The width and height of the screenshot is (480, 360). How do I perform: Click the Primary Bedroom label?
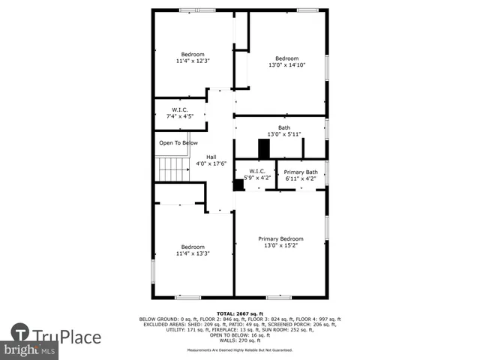pos(281,238)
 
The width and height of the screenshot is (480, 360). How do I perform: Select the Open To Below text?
pos(178,142)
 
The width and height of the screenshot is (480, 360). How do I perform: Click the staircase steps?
pos(172,169)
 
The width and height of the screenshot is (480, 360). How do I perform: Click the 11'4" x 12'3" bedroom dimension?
pos(192,61)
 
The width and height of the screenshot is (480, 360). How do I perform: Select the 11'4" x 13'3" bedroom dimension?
pos(192,253)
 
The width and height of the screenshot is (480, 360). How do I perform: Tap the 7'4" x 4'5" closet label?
pos(180,115)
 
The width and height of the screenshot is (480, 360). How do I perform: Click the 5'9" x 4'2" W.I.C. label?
pos(253,178)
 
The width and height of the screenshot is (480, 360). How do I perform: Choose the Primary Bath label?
pos(301,172)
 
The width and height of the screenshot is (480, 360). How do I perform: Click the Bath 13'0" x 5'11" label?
pos(284,130)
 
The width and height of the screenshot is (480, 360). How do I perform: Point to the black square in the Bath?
pos(263,148)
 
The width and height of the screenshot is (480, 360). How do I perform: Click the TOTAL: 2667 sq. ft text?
pos(240,313)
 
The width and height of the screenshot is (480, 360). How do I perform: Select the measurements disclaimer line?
pos(240,350)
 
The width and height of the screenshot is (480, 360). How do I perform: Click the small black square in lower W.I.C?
pos(238,185)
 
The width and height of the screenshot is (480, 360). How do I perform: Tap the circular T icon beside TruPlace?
pos(20,333)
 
